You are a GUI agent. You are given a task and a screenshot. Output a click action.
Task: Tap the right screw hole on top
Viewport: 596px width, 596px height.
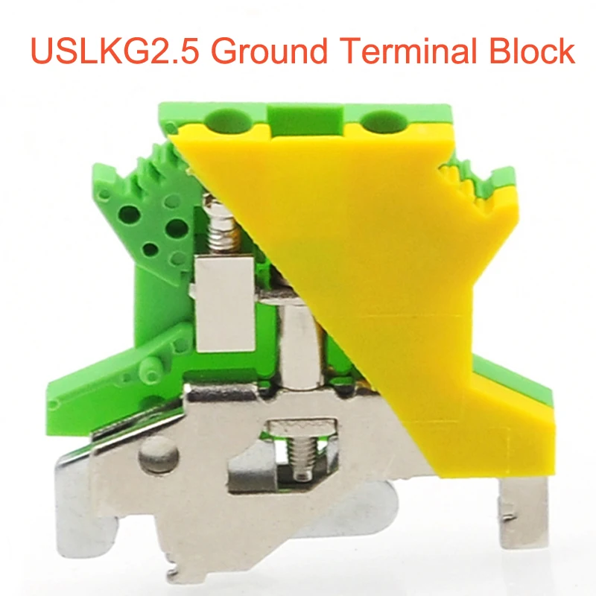pos(383,119)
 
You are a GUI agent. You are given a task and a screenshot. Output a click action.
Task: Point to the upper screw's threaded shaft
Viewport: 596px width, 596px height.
pos(222,227)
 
